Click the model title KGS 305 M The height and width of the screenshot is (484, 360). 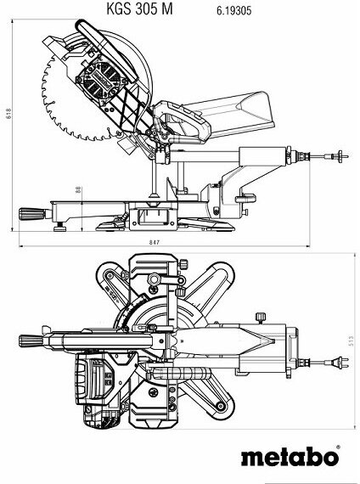click(139, 9)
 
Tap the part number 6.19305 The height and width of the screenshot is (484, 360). click(233, 11)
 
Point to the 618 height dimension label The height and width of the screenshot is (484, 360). click(8, 113)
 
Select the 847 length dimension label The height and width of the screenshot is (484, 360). click(154, 242)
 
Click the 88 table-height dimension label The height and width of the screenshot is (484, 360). click(78, 189)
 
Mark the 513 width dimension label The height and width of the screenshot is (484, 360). click(351, 340)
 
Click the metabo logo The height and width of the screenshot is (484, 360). click(290, 457)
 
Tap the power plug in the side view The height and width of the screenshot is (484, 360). click(340, 156)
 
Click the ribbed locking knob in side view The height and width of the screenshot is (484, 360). click(31, 214)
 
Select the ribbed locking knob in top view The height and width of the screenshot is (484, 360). click(31, 340)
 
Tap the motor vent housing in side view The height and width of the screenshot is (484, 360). click(101, 80)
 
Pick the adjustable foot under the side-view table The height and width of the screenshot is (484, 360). click(60, 228)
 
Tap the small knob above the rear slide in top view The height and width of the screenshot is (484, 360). click(261, 318)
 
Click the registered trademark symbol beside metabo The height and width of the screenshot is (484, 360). click(338, 447)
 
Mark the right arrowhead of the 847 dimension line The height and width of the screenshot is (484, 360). click(307, 246)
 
